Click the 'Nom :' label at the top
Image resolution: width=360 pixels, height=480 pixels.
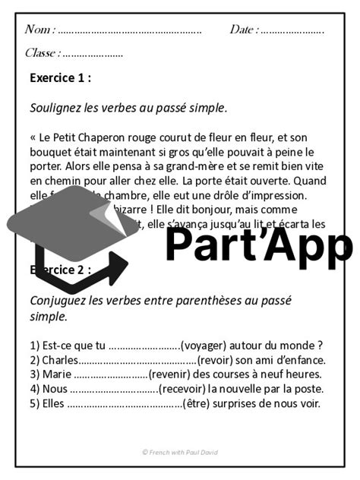point(39,30)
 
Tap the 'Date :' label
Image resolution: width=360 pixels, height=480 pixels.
point(243,30)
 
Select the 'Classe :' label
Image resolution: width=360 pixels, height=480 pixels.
point(43,53)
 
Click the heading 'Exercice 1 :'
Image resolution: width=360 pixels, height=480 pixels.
point(60,77)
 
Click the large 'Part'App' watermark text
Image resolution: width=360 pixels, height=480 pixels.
point(258,243)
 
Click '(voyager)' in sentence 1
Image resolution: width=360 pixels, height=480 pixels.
point(210,344)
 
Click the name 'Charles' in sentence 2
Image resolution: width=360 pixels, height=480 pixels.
point(60,359)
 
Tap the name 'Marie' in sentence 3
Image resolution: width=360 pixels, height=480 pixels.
point(56,374)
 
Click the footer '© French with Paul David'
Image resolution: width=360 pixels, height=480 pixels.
point(179,452)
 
